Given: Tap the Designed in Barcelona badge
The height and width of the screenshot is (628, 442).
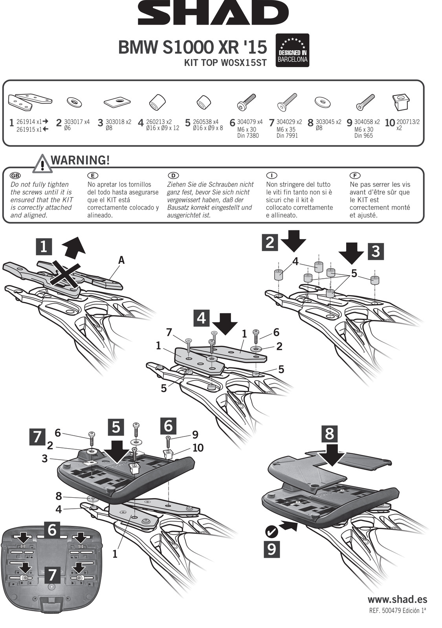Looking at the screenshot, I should (293, 50).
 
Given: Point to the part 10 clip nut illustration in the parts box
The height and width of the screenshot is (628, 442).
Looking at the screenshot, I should (401, 102).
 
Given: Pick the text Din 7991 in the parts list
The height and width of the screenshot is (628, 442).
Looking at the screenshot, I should (287, 136).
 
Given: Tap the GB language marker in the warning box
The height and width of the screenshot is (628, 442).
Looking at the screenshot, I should (15, 175).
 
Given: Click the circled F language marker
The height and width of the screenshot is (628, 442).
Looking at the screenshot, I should (354, 175).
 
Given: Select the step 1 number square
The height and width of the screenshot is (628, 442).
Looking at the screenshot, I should (44, 246).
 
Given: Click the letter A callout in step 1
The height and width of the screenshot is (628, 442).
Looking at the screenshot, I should (121, 260).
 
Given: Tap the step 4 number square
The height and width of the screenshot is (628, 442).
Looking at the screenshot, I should (201, 318).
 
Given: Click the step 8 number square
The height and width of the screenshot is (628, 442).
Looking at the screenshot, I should (329, 434).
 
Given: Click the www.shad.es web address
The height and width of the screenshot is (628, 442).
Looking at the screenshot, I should (397, 599).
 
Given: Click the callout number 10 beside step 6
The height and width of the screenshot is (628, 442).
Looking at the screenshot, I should (198, 447).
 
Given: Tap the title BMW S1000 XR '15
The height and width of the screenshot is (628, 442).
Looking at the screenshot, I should (193, 47).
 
